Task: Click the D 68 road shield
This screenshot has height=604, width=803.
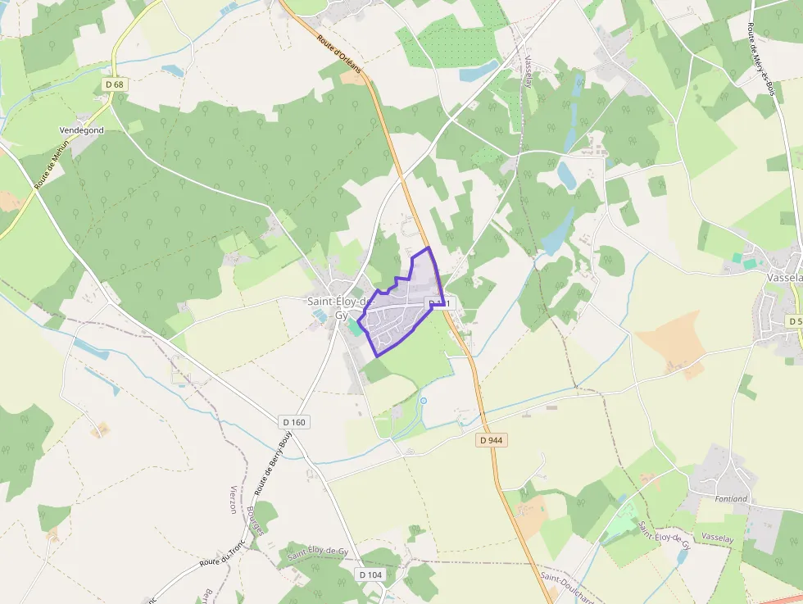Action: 114,84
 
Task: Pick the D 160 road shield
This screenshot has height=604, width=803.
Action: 293,422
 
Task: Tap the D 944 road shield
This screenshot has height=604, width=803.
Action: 490,440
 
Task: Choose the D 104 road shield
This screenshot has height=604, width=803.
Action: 370,574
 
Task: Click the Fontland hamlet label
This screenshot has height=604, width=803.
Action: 731,498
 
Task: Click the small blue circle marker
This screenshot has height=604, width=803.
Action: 424,400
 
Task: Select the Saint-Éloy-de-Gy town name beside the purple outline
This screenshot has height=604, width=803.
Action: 337,307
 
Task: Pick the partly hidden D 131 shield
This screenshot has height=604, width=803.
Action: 440,304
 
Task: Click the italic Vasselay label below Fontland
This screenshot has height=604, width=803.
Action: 717,537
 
